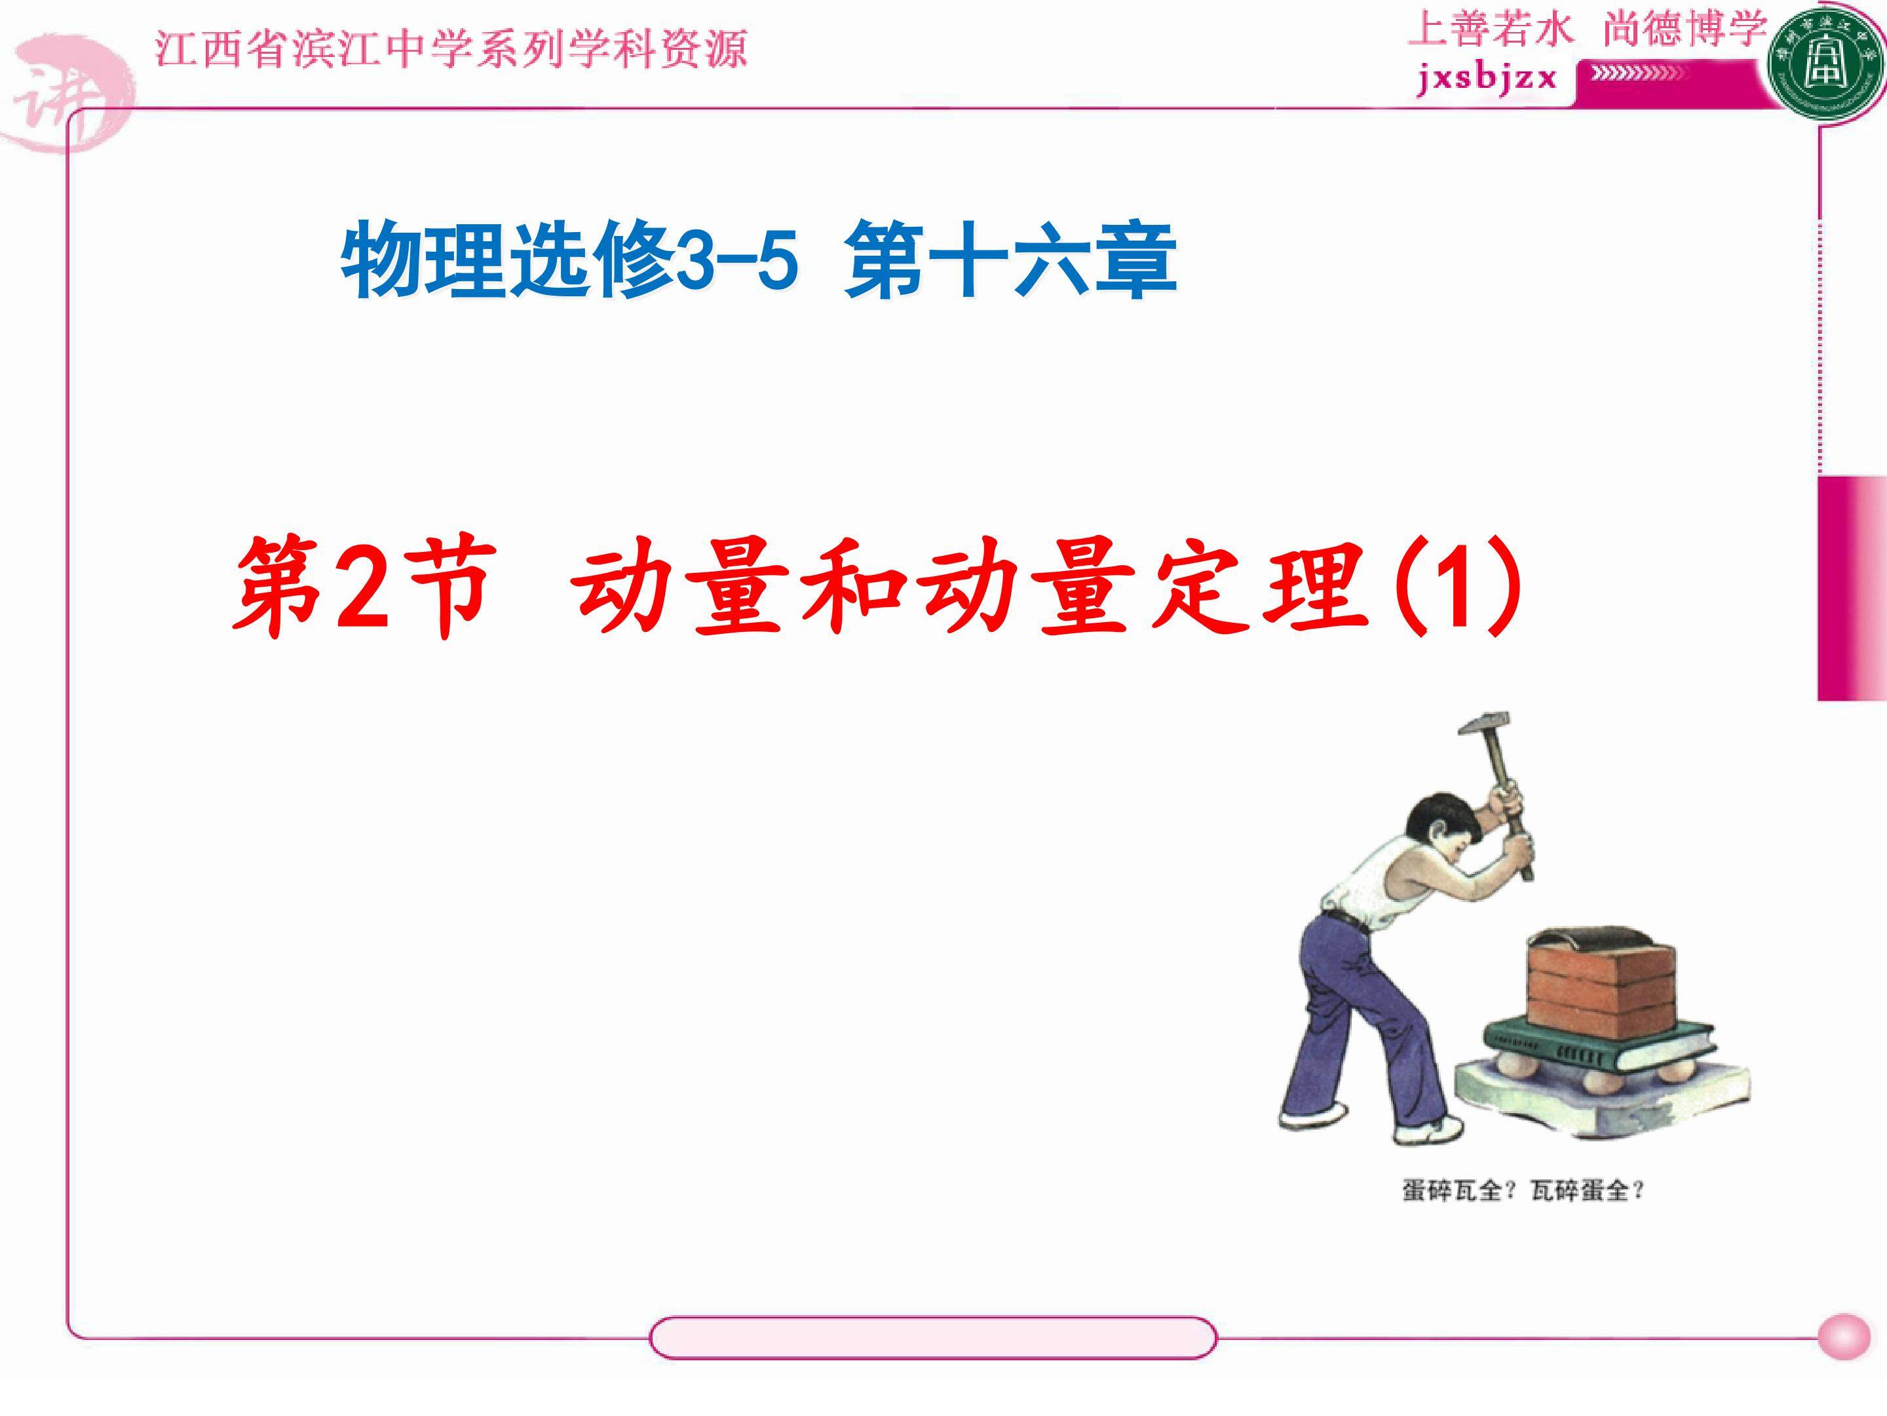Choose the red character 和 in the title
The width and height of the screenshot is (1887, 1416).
[854, 589]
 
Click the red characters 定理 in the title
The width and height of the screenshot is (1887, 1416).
[1263, 589]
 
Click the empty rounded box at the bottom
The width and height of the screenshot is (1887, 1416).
[932, 1337]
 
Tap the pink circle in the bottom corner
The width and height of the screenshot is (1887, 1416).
[1844, 1337]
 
